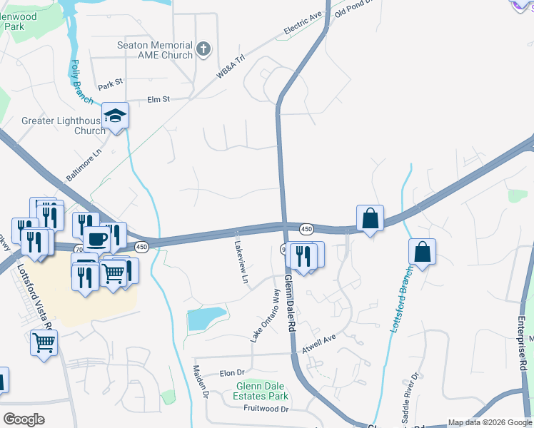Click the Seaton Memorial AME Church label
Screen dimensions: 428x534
pyautogui.click(x=155, y=50)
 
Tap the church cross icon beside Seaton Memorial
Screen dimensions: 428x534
pyautogui.click(x=203, y=49)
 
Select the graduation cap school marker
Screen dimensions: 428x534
pyautogui.click(x=115, y=116)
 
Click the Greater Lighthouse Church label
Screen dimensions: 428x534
pyautogui.click(x=64, y=126)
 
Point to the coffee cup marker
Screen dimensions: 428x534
pyautogui.click(x=96, y=238)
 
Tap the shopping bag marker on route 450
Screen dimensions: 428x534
pyautogui.click(x=370, y=218)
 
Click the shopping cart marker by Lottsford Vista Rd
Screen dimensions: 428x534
pyautogui.click(x=44, y=343)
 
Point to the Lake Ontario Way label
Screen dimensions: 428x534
pyautogui.click(x=264, y=315)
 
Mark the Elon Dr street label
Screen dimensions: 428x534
pyautogui.click(x=232, y=373)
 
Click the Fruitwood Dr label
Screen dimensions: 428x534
pyautogui.click(x=265, y=409)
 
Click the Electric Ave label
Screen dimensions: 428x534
pyautogui.click(x=304, y=25)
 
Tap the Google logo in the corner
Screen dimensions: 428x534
pyautogui.click(x=24, y=419)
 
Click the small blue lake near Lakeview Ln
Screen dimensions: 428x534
pyautogui.click(x=206, y=318)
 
